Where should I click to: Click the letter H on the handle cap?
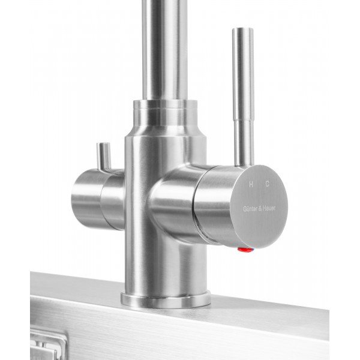(x=251, y=184)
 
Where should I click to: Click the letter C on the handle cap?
(x=267, y=184)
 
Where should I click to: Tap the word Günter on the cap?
(x=250, y=209)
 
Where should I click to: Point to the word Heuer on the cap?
(x=269, y=208)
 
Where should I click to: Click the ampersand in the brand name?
(x=260, y=208)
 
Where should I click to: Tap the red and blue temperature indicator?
(x=246, y=250)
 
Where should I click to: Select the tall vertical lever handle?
(x=244, y=97)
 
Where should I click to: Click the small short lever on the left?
(x=104, y=157)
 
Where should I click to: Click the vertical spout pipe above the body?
(x=165, y=50)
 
